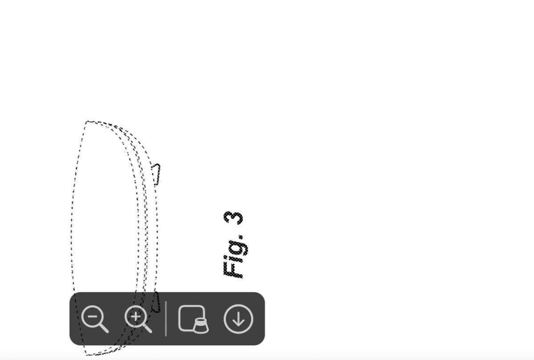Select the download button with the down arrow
click(x=239, y=319)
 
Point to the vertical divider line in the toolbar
click(x=166, y=319)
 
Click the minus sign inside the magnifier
click(x=93, y=316)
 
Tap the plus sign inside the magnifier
click(x=136, y=316)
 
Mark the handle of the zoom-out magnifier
click(x=104, y=328)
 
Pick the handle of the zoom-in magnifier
click(x=147, y=328)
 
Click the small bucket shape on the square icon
click(x=201, y=326)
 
